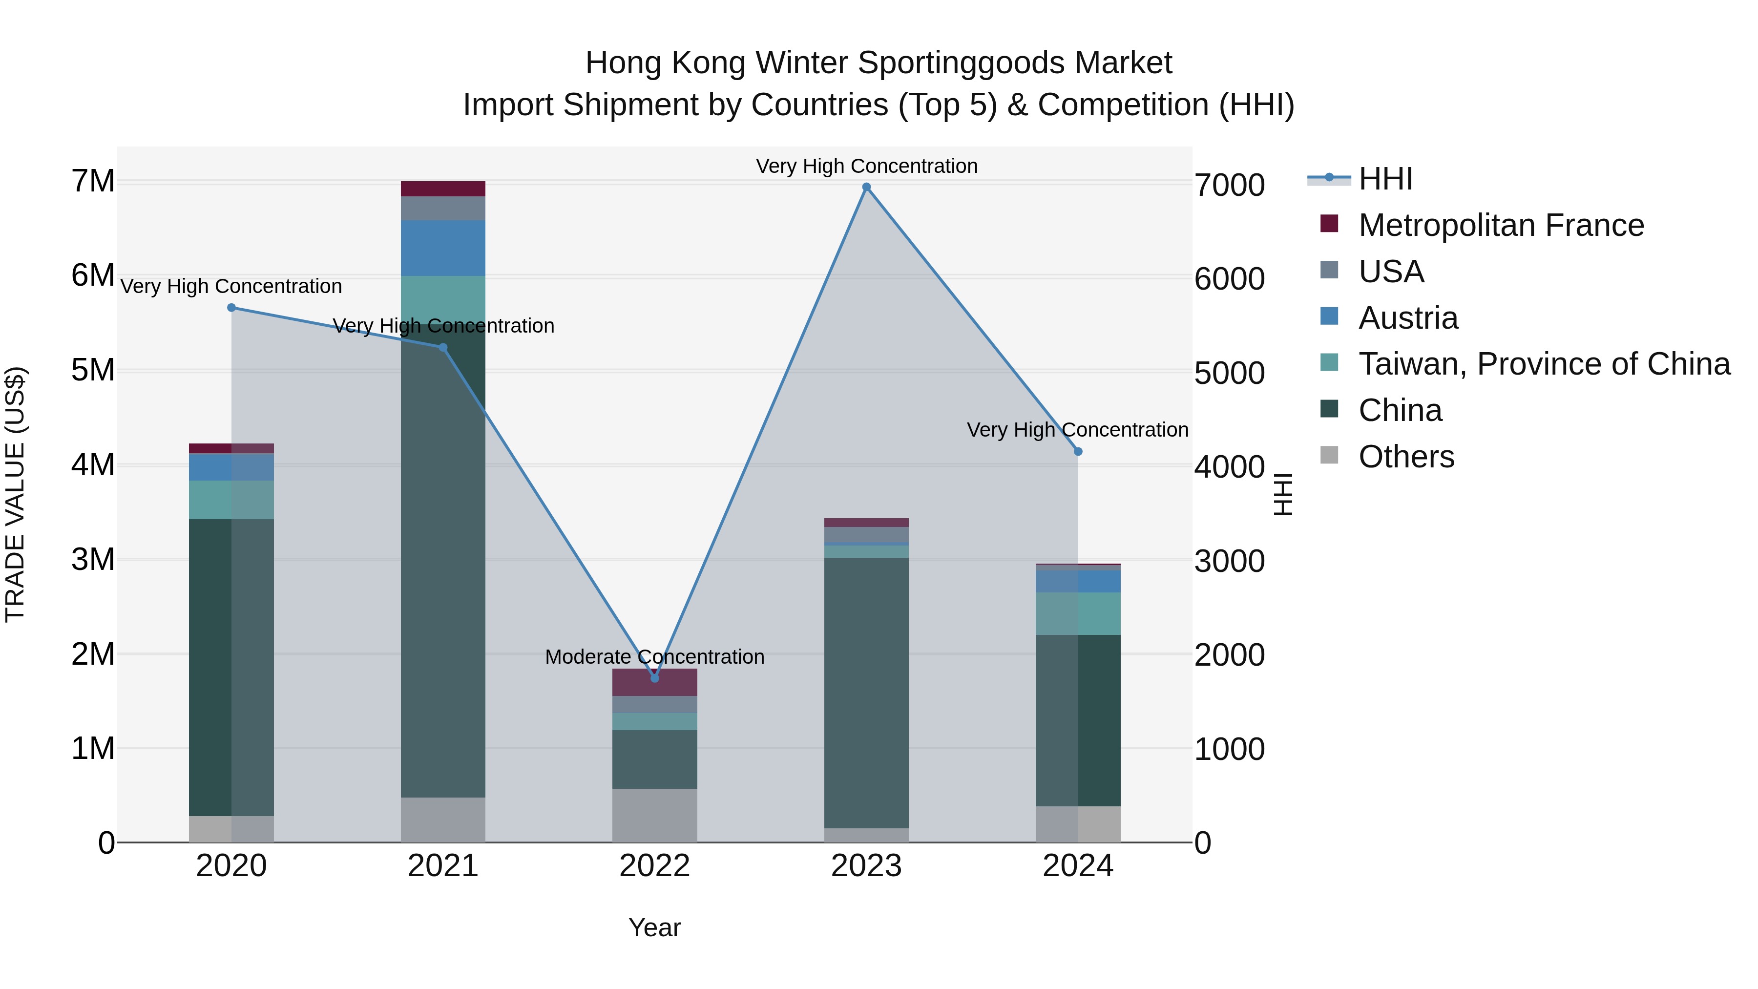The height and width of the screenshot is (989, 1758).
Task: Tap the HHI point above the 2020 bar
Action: coord(231,308)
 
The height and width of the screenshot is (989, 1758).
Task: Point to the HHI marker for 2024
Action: coord(1078,451)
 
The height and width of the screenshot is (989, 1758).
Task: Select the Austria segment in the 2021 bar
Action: coord(443,248)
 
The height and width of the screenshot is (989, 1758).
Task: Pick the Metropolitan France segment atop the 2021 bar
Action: coord(443,189)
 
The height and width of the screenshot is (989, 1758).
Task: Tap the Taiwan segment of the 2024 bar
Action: coord(1078,613)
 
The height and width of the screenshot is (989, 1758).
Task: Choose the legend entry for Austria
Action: coord(1408,318)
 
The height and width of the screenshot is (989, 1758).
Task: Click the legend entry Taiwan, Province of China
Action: coord(1544,364)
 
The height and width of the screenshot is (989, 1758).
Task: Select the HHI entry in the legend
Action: coord(1385,179)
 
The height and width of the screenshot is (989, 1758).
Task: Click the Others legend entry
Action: coord(1406,457)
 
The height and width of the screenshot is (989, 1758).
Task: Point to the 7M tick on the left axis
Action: coord(93,182)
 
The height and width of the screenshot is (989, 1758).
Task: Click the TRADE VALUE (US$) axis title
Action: coord(16,494)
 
